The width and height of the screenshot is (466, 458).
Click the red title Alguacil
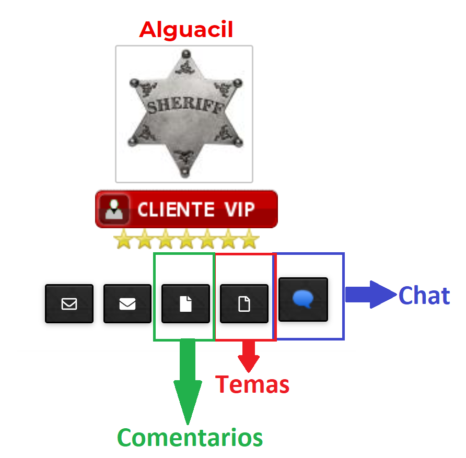pyautogui.click(x=186, y=30)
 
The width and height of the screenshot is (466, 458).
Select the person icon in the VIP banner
pyautogui.click(x=114, y=209)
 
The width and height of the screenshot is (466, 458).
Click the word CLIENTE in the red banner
pyautogui.click(x=176, y=209)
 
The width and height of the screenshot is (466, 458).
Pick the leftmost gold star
pyautogui.click(x=123, y=240)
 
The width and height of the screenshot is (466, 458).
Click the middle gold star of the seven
pyautogui.click(x=186, y=240)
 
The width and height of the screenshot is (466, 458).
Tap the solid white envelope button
pyautogui.click(x=127, y=303)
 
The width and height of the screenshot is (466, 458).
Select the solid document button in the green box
pyautogui.click(x=185, y=303)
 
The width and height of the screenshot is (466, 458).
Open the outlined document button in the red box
pyautogui.click(x=244, y=303)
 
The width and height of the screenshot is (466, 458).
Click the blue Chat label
pyautogui.click(x=424, y=296)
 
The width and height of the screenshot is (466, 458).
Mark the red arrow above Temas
pyautogui.click(x=249, y=355)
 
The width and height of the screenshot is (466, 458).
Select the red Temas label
pyautogui.click(x=252, y=385)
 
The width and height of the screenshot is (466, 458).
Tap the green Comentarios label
pyautogui.click(x=190, y=437)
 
